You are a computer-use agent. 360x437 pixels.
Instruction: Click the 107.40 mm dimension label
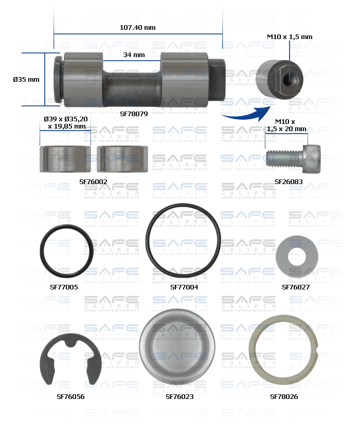138,27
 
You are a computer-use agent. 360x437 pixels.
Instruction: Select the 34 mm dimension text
134,54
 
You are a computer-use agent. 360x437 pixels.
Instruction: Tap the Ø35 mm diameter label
26,79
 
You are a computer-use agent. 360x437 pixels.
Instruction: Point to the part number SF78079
134,114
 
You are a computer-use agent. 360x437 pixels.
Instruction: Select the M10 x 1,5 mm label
290,37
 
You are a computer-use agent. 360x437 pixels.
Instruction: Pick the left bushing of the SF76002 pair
65,159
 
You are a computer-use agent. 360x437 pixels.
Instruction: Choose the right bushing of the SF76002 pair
122,159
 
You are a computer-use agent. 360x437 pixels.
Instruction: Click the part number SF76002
93,181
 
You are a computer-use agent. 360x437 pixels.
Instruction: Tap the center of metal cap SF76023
177,345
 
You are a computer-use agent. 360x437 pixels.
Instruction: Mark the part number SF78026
284,396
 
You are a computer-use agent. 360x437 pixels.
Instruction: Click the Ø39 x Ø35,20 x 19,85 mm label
66,122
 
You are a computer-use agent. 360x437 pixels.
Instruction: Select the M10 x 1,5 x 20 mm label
286,125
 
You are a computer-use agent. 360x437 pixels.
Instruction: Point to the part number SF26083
289,181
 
